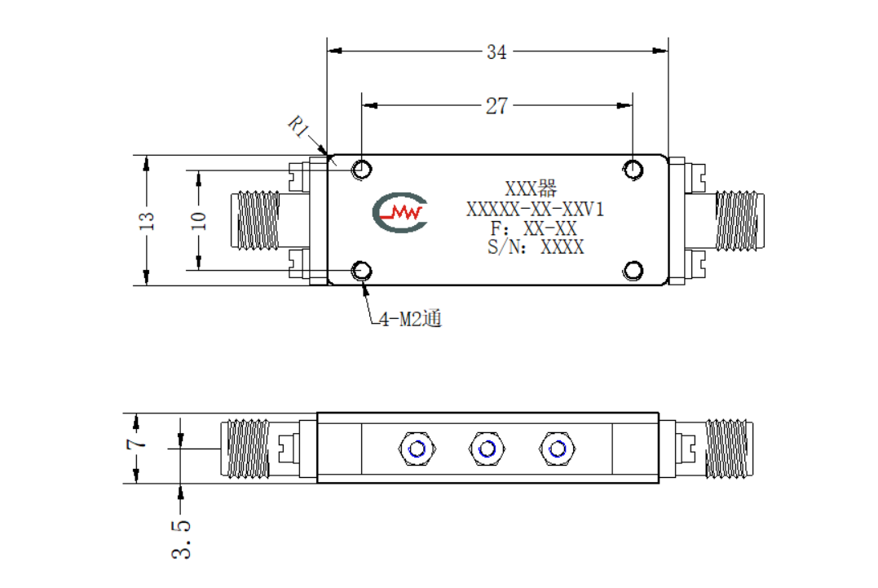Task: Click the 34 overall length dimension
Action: click(x=496, y=52)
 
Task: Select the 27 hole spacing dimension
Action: click(x=496, y=106)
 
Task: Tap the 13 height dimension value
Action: click(x=146, y=221)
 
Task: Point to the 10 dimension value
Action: click(x=199, y=221)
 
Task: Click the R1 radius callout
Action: click(x=298, y=126)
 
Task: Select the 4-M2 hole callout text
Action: click(x=410, y=319)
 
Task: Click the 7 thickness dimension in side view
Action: click(x=136, y=444)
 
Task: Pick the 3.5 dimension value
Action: click(x=181, y=540)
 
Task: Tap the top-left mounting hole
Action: click(x=361, y=169)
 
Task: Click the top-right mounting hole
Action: click(x=633, y=169)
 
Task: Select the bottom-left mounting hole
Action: click(x=361, y=271)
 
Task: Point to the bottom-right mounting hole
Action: click(x=633, y=271)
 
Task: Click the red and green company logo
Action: click(x=399, y=212)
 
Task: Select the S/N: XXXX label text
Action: click(x=536, y=247)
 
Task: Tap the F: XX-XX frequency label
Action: click(x=533, y=228)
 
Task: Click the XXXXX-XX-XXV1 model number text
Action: click(x=536, y=210)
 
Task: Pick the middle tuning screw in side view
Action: click(x=487, y=449)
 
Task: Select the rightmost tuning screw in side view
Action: click(x=557, y=449)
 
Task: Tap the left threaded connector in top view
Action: click(x=255, y=220)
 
